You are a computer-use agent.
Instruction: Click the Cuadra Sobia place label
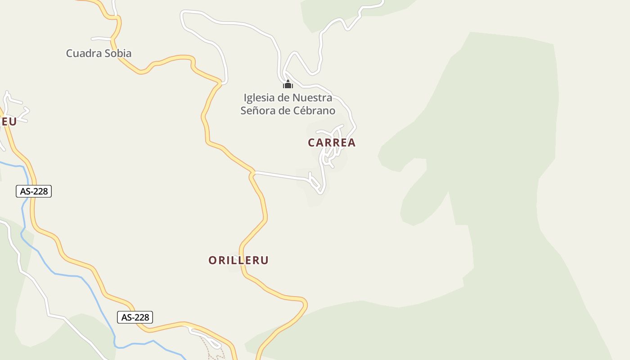[x=99, y=53]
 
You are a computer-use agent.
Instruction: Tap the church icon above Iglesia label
[x=288, y=84]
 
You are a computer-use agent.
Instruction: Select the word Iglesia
[x=258, y=98]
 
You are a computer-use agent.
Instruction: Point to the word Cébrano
[x=314, y=111]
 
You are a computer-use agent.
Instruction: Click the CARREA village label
[x=332, y=143]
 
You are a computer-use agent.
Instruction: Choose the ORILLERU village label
[x=238, y=260]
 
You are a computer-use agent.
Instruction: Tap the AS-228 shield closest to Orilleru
[x=135, y=317]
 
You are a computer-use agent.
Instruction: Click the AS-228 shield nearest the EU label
[x=34, y=191]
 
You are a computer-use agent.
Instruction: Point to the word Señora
[x=257, y=111]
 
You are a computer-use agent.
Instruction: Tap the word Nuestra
[x=312, y=98]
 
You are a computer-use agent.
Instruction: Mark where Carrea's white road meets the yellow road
[x=253, y=172]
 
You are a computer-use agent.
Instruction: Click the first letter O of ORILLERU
[x=213, y=260]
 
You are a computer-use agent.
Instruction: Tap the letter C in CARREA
[x=312, y=143]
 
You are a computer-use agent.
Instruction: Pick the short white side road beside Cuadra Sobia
[x=101, y=38]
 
